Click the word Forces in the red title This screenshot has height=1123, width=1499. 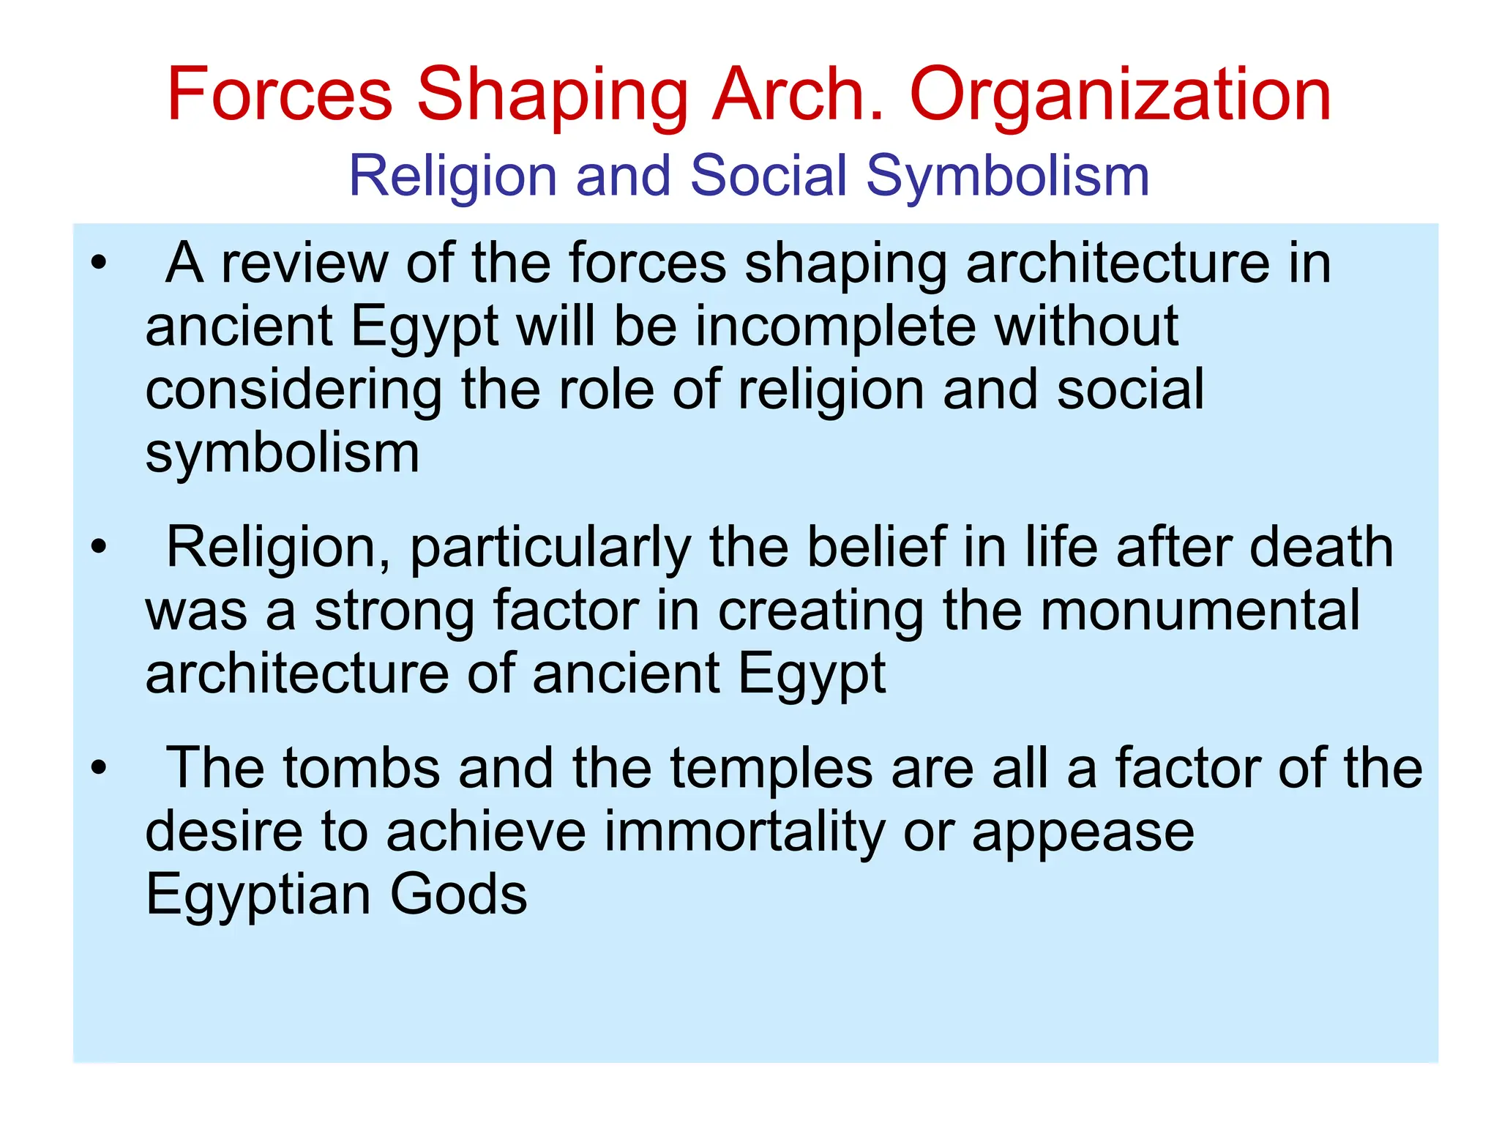pyautogui.click(x=280, y=95)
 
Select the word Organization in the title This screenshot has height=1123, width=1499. pyautogui.click(x=1120, y=95)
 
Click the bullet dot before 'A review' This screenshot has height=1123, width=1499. pyautogui.click(x=99, y=262)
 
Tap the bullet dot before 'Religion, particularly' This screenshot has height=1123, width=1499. pyautogui.click(x=99, y=546)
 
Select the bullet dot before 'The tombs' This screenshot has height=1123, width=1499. pyautogui.click(x=99, y=768)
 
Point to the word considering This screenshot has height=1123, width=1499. pyautogui.click(x=293, y=391)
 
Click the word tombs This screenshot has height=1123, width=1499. pyautogui.click(x=362, y=768)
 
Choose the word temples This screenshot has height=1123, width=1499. pyautogui.click(x=771, y=769)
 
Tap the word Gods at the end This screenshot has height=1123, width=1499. pyautogui.click(x=458, y=895)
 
